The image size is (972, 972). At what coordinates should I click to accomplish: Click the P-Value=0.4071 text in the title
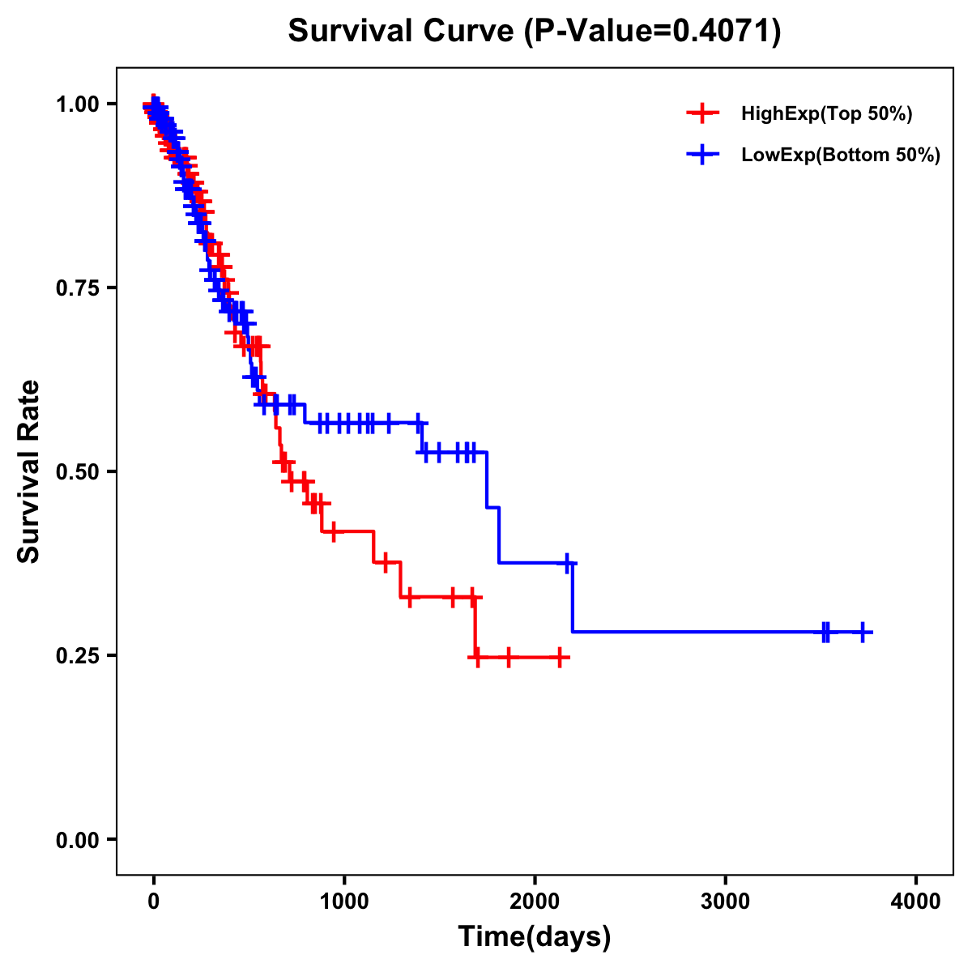(653, 32)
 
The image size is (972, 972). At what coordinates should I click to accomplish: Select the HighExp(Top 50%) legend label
(826, 114)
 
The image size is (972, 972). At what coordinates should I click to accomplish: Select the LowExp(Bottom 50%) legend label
(840, 156)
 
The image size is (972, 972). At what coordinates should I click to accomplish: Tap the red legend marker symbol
(702, 114)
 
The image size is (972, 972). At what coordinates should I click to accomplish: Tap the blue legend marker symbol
(702, 155)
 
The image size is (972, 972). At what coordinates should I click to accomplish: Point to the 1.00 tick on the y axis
(77, 104)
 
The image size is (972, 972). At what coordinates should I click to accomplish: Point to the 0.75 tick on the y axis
(77, 288)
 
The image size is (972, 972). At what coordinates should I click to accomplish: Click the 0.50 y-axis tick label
(77, 472)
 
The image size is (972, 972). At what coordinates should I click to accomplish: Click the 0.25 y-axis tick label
(77, 656)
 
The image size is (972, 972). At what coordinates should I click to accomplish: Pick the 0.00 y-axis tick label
(77, 840)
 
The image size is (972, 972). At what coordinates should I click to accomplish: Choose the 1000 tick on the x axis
(344, 902)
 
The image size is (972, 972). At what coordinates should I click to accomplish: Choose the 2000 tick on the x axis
(535, 902)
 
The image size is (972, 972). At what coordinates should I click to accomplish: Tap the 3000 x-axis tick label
(725, 902)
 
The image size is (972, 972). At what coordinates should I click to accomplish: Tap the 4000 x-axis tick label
(916, 902)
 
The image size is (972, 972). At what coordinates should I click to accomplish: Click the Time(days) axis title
(535, 937)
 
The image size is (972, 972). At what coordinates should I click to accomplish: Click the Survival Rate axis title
(29, 471)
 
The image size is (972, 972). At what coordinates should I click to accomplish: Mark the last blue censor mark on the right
(863, 632)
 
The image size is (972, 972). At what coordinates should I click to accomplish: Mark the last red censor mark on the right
(560, 657)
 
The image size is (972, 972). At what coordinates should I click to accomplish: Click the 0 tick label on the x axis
(154, 902)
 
